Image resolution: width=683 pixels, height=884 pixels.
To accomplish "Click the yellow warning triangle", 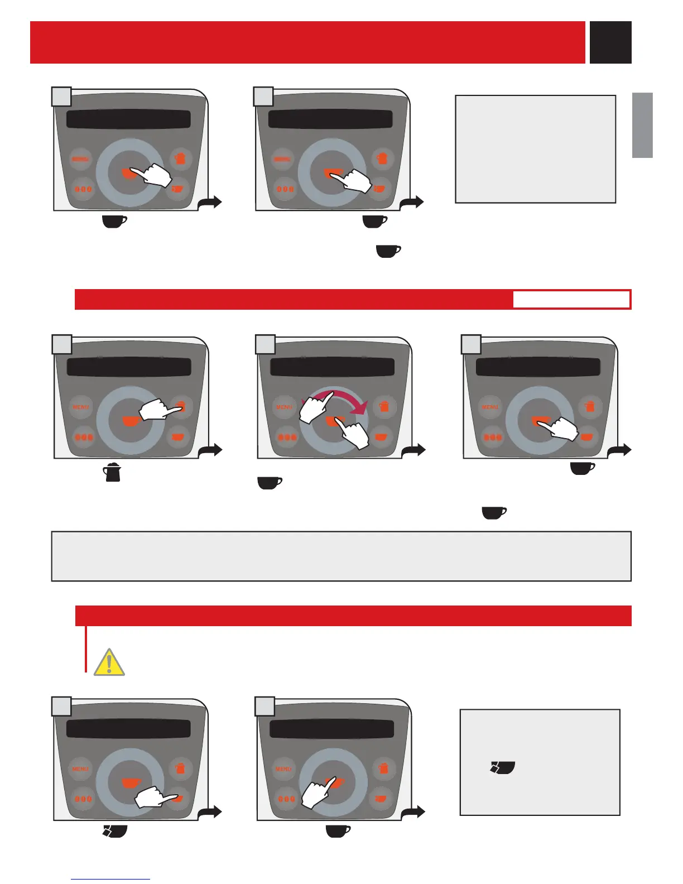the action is [x=109, y=662].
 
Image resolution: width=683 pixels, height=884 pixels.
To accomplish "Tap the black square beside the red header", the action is [x=610, y=42].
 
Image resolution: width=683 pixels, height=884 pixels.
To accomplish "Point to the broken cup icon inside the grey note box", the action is [x=502, y=768].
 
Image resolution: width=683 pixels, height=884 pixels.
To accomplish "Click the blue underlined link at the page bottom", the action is [x=110, y=879].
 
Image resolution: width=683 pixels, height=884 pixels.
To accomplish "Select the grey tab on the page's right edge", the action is [x=642, y=125].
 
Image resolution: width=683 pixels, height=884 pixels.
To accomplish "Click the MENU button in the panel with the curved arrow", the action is [x=284, y=407].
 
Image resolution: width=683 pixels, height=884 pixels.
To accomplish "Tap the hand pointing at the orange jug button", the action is [x=160, y=411].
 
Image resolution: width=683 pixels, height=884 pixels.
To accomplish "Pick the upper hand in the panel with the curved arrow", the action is [x=315, y=407].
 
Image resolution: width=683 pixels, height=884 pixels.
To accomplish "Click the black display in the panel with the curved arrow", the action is [x=332, y=367].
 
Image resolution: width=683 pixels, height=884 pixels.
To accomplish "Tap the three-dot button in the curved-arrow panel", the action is [x=287, y=437].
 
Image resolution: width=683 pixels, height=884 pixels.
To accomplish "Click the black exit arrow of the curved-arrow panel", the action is [x=415, y=450].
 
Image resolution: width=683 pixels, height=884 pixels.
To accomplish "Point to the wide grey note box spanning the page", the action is [x=341, y=556].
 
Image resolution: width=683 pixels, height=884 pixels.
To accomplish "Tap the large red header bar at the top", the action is [x=307, y=42].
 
